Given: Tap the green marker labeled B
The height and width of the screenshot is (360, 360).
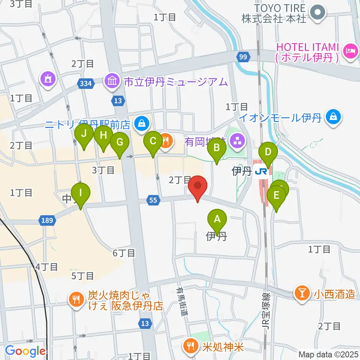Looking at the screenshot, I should coord(217,148).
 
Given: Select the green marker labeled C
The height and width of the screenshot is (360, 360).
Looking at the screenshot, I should coord(153,141).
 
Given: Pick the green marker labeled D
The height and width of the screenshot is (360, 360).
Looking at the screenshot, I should coord(268,152).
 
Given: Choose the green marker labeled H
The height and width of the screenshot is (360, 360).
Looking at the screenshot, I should coord(103,136).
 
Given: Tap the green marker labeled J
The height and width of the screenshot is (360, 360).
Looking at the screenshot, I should coord(84,133).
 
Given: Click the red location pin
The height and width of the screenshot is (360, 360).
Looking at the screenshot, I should coord(198,186).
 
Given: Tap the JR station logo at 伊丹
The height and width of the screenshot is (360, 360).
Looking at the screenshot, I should coord(260,171).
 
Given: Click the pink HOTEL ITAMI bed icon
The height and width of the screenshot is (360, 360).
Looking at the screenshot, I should coord(351,49).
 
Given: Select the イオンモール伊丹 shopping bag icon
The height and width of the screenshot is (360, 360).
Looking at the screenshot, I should coord(333,115).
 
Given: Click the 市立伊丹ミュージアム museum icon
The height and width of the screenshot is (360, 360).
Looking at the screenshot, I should coord(112,82).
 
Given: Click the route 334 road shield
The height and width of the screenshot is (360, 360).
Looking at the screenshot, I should coord(86,84).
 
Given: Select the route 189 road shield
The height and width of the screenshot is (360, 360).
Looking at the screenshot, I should coord(48,221).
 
